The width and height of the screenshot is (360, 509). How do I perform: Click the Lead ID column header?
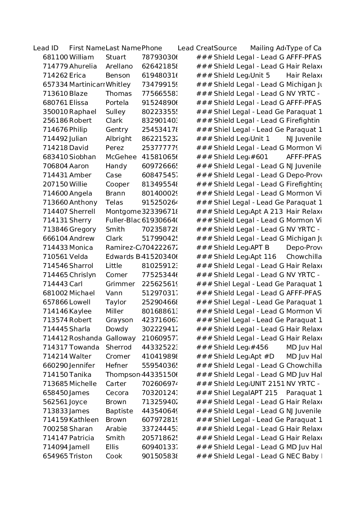coord(46,48)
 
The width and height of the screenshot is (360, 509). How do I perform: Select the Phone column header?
coord(152,48)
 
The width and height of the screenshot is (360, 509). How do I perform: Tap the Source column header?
coord(225,48)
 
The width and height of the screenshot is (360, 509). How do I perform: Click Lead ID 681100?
coord(55,57)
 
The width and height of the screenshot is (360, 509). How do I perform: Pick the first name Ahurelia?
coord(83,66)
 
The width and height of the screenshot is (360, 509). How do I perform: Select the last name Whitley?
coord(118,85)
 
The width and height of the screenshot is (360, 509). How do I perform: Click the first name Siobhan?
coord(82,157)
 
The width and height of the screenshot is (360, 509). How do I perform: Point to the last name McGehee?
coord(121,157)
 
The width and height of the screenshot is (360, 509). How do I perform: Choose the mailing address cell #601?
coord(259,157)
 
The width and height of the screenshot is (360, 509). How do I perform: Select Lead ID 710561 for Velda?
coord(55,257)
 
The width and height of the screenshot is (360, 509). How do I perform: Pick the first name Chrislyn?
coord(82,275)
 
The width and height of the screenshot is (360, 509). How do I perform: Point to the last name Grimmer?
coord(120,284)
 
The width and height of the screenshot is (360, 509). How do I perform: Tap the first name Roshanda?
coord(86,338)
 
